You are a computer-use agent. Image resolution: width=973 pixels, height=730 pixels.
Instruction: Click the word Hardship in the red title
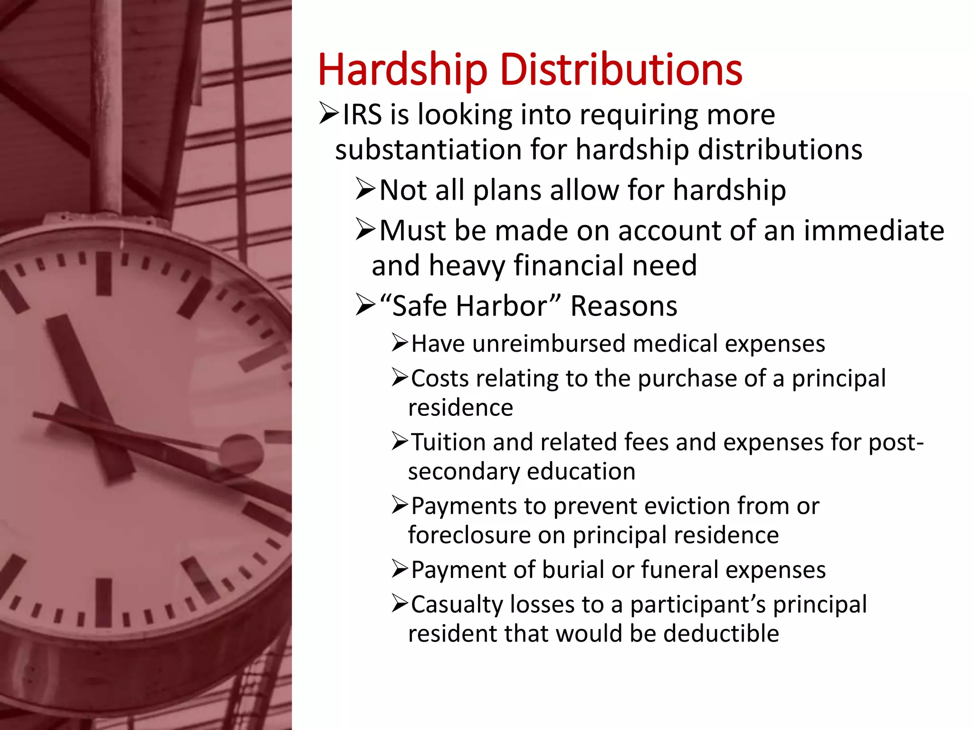click(402, 70)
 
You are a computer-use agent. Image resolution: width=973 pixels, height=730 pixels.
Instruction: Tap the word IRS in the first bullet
click(362, 115)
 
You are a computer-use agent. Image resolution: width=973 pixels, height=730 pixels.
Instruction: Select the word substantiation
click(428, 150)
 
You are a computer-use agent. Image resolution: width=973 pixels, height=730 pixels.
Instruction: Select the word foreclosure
click(468, 535)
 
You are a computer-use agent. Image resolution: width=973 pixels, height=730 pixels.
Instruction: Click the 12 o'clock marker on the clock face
click(104, 273)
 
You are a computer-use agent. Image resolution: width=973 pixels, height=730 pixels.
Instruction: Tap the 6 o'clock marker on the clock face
click(104, 602)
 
